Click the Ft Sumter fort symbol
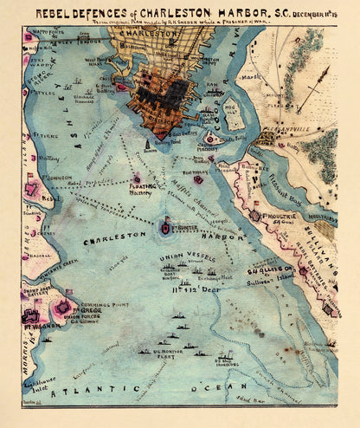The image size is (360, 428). click(x=164, y=227)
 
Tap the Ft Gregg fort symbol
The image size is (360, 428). click(x=63, y=308)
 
